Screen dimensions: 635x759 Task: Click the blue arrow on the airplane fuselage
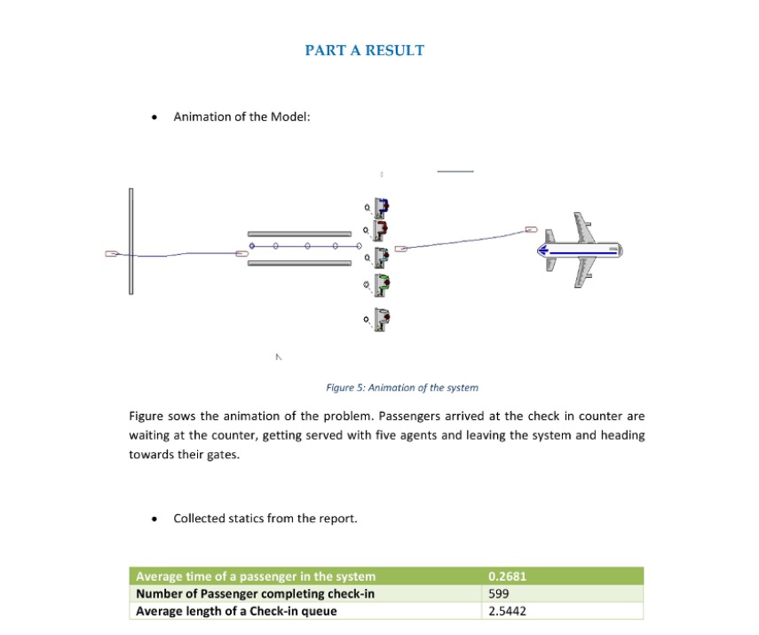point(578,251)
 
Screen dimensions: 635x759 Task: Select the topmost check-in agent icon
point(382,208)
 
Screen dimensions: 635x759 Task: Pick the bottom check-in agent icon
point(382,319)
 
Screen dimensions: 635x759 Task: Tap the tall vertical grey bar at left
point(130,242)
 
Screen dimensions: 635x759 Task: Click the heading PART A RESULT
point(364,51)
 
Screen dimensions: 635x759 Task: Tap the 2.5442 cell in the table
point(507,611)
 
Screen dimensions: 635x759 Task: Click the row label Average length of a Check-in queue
point(236,611)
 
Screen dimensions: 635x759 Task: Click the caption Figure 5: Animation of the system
point(402,387)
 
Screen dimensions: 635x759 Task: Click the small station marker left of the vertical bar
point(111,254)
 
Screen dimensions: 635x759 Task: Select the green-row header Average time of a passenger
point(256,576)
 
